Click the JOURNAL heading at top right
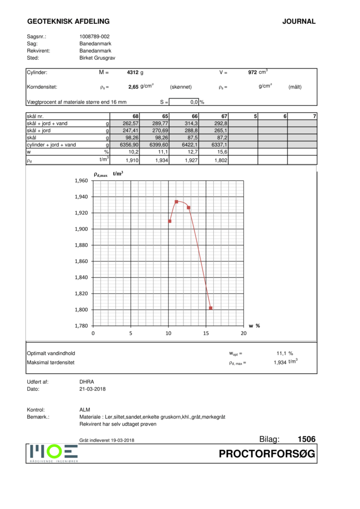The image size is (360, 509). click(298, 21)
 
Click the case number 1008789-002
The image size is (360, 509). click(94, 37)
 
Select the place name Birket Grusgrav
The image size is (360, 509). click(97, 58)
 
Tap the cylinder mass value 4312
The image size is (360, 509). click(133, 73)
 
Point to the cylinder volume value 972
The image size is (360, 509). click(252, 73)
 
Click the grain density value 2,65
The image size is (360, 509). click(133, 87)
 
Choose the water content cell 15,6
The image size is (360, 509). click(222, 152)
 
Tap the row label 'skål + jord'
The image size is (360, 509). click(40, 130)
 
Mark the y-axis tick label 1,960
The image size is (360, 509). click(81, 181)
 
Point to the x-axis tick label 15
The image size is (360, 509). click(206, 334)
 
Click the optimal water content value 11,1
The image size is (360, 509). click(282, 353)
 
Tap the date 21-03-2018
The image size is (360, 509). click(92, 389)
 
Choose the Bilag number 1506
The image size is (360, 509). click(306, 439)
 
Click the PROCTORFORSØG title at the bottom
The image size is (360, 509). click(267, 454)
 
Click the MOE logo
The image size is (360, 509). click(53, 452)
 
